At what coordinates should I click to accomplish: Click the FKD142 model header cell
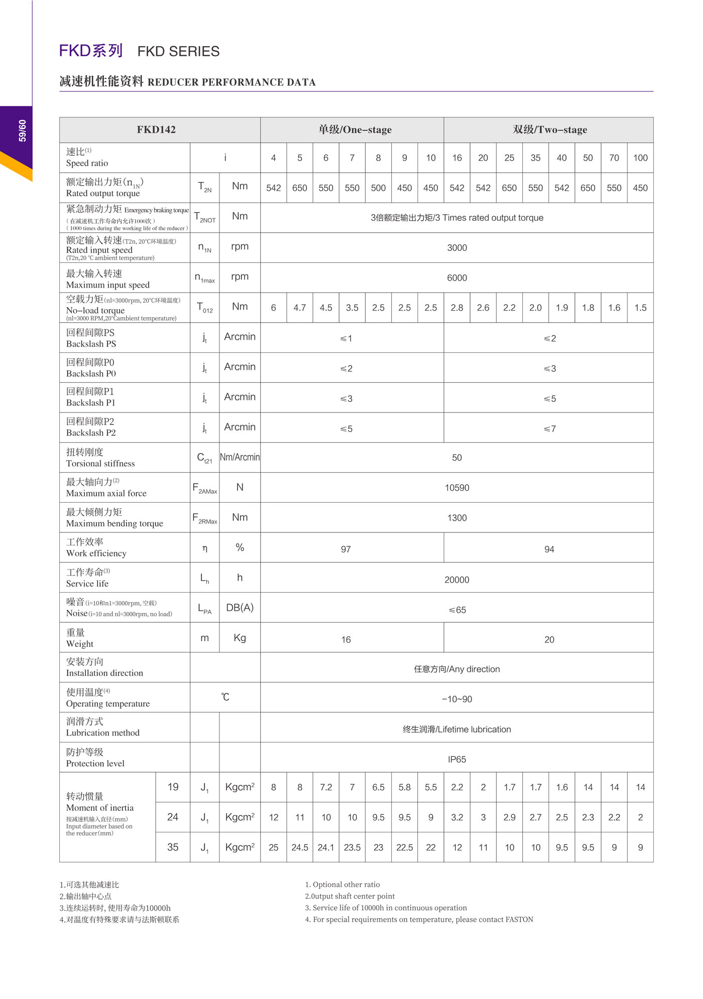tap(156, 129)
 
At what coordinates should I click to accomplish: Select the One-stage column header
tap(355, 129)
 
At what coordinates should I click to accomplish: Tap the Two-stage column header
tap(549, 129)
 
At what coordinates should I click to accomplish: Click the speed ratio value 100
tap(640, 158)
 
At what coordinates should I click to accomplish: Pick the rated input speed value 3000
tap(456, 248)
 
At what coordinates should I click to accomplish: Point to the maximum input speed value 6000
tap(456, 278)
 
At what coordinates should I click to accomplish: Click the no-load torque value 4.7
tap(299, 308)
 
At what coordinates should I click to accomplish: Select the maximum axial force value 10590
tap(456, 488)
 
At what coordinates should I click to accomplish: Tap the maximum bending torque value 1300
tap(456, 518)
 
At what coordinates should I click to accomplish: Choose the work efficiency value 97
tap(345, 549)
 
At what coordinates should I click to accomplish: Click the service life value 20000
tap(456, 580)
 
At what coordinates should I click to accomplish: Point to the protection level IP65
tap(456, 760)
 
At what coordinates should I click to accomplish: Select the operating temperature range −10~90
tap(456, 699)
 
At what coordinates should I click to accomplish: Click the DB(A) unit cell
tap(240, 608)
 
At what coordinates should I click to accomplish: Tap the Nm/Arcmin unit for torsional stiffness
tap(240, 457)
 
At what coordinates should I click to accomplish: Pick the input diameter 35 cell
tap(172, 847)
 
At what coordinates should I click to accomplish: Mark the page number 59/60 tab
tap(22, 130)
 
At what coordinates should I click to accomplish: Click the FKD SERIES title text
tap(178, 51)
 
